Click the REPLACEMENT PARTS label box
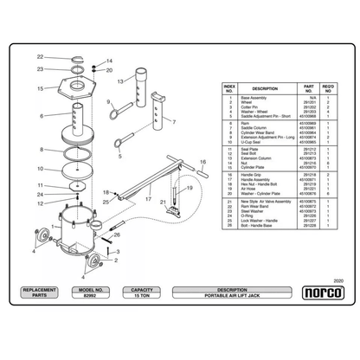tap(39, 292)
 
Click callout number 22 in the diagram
tap(40, 56)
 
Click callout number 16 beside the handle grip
tap(203, 161)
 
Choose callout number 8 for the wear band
tap(40, 149)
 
